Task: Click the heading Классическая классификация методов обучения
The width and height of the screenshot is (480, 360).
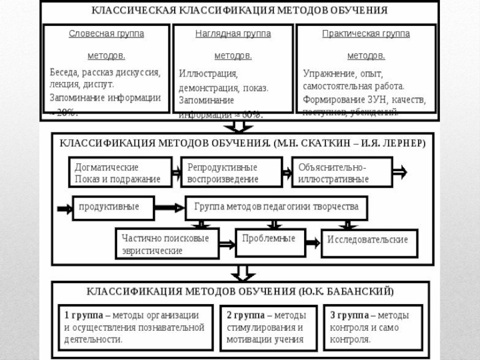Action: coord(239,11)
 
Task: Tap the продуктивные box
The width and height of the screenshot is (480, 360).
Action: coord(113,207)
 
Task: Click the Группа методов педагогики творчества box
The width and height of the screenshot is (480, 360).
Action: coord(276,207)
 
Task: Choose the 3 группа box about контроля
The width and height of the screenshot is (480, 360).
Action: coord(375,327)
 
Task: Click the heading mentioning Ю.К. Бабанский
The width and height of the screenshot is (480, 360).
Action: coord(239,292)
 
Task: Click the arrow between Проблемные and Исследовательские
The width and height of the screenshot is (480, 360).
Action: coord(312,242)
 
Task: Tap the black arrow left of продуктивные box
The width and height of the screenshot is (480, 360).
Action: coord(64,208)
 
